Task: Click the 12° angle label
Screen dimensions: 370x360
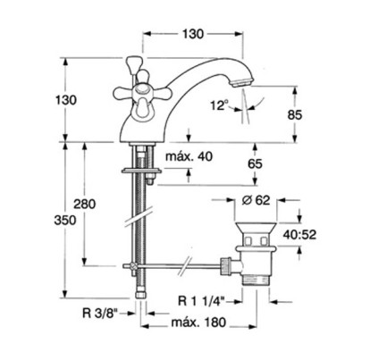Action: tap(219, 105)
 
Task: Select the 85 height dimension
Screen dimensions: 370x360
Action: tap(295, 114)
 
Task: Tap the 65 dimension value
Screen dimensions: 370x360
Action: tap(255, 163)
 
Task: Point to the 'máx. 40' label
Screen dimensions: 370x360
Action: tap(189, 156)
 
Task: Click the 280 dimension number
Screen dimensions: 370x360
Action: tap(85, 204)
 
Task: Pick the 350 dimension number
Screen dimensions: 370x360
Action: tap(65, 220)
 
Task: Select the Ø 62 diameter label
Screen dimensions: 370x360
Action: tap(256, 200)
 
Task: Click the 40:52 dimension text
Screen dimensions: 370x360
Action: tap(299, 235)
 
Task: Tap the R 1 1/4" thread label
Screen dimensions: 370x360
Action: tap(200, 301)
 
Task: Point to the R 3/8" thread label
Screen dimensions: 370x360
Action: tap(100, 313)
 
